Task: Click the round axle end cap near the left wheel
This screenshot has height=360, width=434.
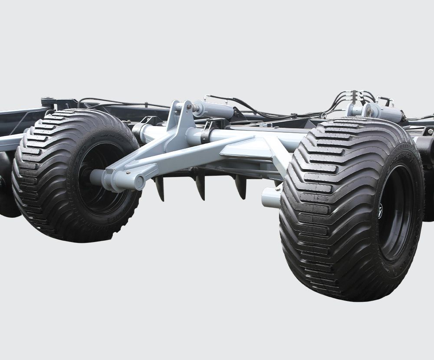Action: [x=139, y=183]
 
